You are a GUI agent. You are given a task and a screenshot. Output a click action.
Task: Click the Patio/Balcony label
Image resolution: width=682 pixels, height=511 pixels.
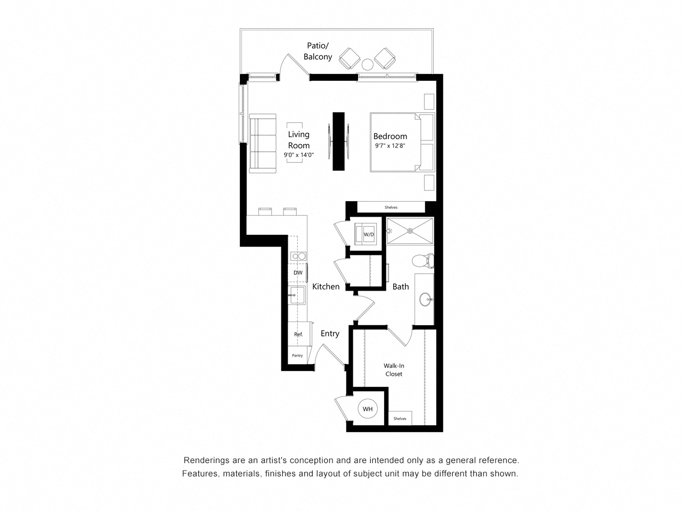pos(318,51)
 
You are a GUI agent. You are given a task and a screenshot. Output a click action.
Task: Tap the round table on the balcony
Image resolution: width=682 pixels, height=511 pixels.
pos(368,64)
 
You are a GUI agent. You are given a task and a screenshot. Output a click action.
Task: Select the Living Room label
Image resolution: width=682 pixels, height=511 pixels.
pos(298,140)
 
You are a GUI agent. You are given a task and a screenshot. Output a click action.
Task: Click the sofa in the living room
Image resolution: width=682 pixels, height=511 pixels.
pos(263,143)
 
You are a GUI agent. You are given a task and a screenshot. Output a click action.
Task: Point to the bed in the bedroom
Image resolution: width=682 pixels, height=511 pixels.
pos(397,142)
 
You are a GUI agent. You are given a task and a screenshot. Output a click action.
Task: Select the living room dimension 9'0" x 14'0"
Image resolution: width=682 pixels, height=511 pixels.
pos(299,155)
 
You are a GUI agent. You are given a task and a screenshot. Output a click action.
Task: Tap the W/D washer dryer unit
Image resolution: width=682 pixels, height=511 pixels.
pos(369,234)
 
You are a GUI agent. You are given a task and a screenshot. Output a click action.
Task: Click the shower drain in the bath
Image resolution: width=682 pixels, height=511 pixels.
pos(410,231)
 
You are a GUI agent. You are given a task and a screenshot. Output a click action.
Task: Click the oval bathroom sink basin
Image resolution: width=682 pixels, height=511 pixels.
pos(425,300)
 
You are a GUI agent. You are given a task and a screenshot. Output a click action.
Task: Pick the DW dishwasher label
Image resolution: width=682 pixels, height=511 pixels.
pos(298,273)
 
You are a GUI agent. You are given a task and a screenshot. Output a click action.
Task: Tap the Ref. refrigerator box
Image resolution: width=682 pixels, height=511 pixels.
pos(299,334)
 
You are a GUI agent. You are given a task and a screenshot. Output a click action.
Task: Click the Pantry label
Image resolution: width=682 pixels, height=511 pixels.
pos(297,356)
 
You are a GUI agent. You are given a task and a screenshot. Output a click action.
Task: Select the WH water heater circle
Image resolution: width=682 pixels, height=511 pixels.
pos(368,409)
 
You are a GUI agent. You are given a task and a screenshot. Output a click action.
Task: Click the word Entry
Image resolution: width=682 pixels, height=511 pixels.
pos(330,333)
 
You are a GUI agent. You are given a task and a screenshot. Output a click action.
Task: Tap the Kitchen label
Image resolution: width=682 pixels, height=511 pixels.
pos(326,286)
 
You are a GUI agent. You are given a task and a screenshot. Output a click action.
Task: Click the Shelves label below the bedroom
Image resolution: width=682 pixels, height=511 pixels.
pos(391,207)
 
